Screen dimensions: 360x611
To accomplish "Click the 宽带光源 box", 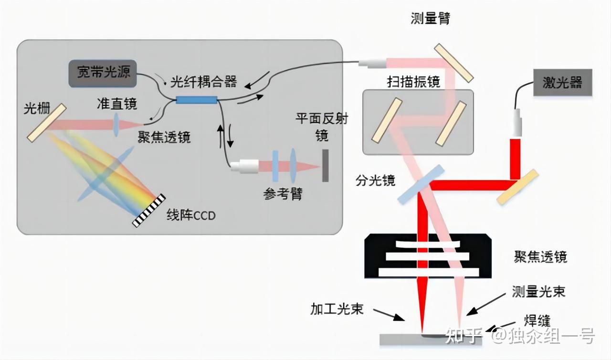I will coord(103,73).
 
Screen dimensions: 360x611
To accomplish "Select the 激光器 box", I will coord(562,83).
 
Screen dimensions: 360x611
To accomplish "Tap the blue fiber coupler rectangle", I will coord(196,100).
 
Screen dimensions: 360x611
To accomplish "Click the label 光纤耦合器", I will coord(204,82).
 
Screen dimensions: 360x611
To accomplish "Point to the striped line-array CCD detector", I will coord(149,210).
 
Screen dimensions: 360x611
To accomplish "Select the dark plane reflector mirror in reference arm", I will coord(325,166).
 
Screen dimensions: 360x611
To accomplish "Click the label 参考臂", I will coord(283,194).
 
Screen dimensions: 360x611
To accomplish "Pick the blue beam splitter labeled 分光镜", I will coord(421,185).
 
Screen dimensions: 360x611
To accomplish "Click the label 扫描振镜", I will coord(413,81).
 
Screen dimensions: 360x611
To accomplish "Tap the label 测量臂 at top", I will coord(430,19).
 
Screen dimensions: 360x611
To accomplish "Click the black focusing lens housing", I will coord(428,256).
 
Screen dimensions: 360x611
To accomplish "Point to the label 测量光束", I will coord(538,291).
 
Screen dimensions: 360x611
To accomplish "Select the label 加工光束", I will coord(337,309).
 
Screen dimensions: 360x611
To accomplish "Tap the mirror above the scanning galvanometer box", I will coord(453,63).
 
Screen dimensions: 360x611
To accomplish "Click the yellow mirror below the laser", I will coord(518,187).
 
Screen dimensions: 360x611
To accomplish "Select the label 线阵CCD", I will coord(191,215).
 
